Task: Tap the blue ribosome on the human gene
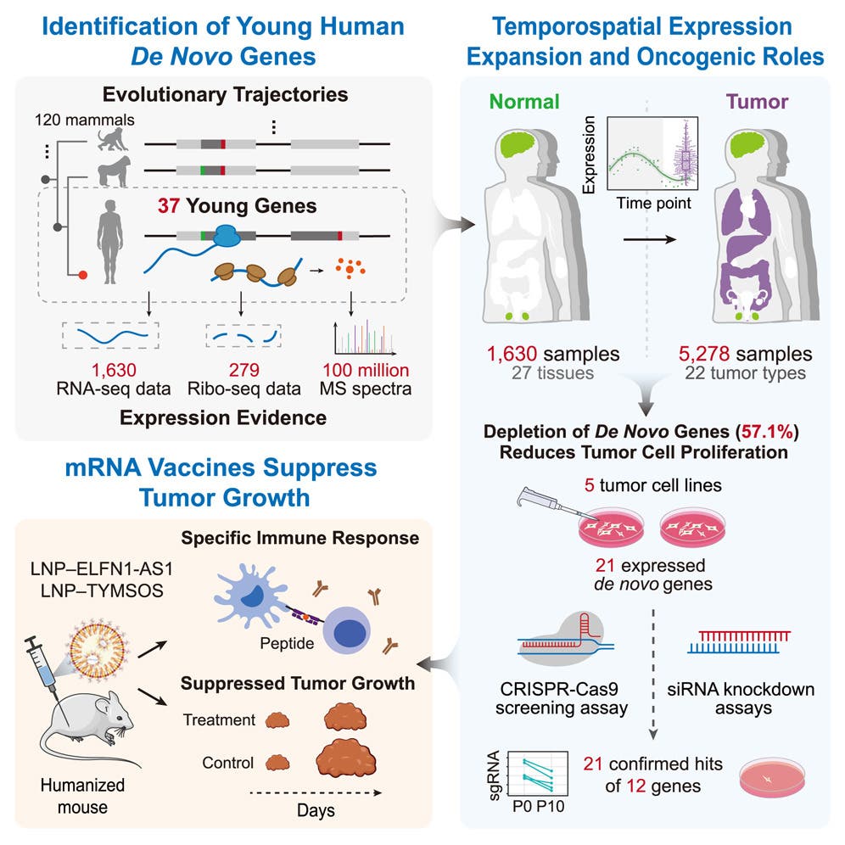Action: pos(227,235)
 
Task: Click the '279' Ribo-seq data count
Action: pos(243,370)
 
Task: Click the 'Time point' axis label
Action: pos(652,204)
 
